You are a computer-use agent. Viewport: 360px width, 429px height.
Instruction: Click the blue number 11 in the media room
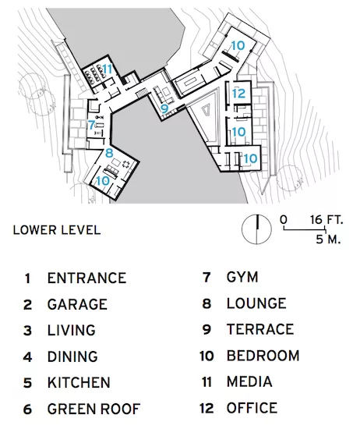108,69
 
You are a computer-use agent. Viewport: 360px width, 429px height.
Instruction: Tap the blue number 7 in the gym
91,126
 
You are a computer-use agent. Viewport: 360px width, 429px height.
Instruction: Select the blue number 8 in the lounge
109,153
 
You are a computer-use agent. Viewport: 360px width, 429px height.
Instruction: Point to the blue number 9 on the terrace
164,108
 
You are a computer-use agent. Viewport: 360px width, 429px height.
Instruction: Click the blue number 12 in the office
239,94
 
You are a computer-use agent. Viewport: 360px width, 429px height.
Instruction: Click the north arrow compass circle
256,229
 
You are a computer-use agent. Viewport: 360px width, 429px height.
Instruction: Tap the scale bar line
305,229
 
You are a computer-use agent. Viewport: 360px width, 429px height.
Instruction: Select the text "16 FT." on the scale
326,220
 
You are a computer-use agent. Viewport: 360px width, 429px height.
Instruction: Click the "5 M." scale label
328,239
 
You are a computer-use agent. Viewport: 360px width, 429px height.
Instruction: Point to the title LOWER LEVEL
57,230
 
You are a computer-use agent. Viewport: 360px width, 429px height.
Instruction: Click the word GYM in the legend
242,277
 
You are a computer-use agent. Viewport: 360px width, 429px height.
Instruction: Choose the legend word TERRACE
260,329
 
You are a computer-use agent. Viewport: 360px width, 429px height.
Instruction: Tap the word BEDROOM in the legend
263,356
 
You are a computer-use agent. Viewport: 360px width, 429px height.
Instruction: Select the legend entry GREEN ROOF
94,409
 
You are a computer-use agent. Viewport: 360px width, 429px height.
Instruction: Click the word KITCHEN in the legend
79,382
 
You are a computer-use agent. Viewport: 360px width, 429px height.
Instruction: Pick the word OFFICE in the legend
252,408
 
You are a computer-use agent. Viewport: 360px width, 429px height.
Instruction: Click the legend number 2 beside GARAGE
27,304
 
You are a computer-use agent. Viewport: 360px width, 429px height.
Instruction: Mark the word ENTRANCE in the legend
87,278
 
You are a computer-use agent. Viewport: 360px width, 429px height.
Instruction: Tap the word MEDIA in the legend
249,381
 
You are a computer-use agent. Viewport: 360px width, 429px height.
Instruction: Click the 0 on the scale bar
284,220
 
